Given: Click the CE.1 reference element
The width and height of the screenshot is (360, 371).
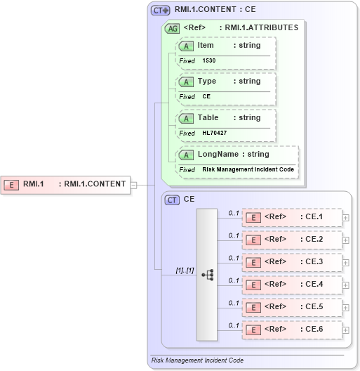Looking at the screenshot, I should pos(292,217).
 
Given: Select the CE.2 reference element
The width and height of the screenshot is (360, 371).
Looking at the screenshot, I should pos(292,240).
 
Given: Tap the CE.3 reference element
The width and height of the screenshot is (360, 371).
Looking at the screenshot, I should pos(292,262).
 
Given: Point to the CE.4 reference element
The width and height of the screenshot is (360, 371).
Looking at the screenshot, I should pos(292,285).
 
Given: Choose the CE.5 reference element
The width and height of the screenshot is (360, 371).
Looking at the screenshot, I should pos(292,307).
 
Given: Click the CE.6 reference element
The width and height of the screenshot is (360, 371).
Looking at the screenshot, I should pos(292,330).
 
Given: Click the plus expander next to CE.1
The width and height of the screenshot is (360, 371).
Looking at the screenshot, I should pos(345,218).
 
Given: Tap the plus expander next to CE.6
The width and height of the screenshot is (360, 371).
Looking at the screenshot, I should pos(345,330).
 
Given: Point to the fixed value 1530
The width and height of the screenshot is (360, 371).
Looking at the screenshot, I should pos(209,61).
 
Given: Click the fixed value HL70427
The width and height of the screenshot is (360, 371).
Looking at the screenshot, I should pos(214,134).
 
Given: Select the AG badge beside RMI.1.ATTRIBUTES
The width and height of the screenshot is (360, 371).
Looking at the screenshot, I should pos(172,29).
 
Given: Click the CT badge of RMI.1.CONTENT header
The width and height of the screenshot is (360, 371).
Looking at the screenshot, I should pos(161,11).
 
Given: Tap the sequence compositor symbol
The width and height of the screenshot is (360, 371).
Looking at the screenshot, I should pos(208,275).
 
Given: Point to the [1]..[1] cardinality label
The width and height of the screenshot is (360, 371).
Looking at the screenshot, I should pos(185,271).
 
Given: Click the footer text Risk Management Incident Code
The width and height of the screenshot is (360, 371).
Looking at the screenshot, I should pos(198,360).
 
